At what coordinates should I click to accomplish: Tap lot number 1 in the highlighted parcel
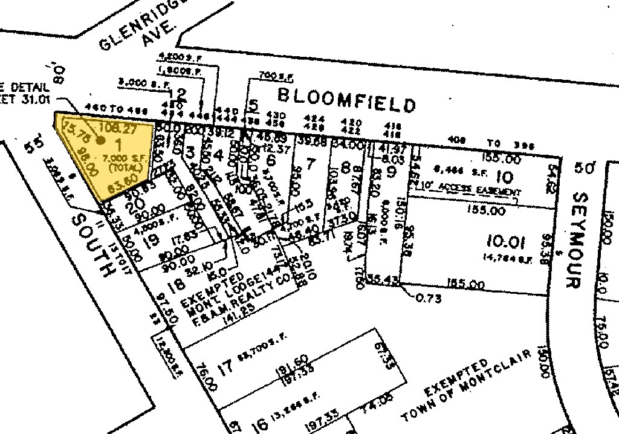(118, 144)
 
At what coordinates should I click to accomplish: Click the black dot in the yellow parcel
(101, 140)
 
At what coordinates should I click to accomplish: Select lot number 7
(311, 163)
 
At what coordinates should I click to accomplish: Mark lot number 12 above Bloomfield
(179, 94)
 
